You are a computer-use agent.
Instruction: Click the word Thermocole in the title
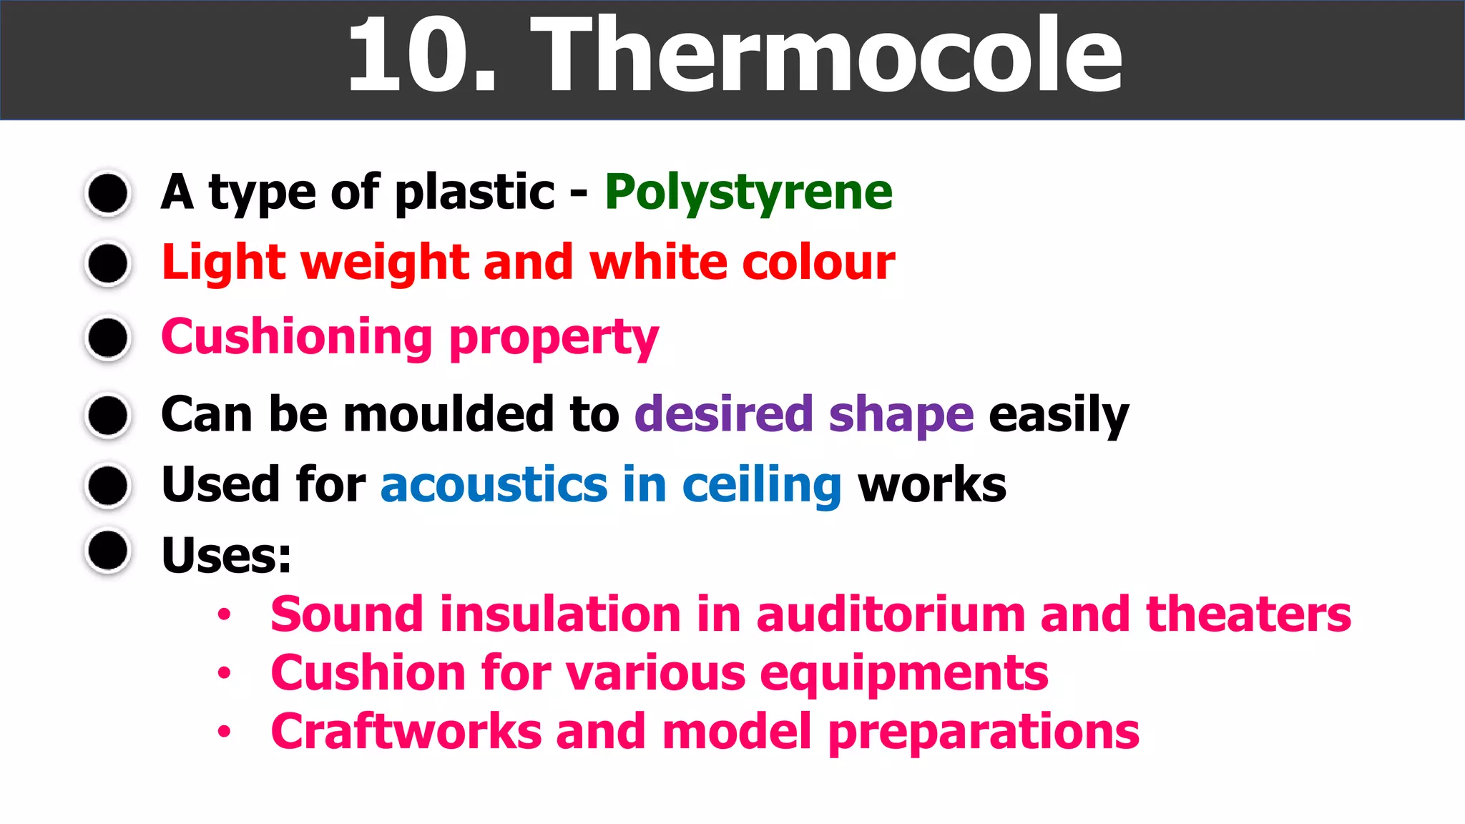[826, 56]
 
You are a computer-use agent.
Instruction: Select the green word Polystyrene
[748, 193]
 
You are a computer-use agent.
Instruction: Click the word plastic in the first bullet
[474, 193]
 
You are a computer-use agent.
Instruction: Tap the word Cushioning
[297, 337]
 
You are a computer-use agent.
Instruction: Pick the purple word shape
[901, 415]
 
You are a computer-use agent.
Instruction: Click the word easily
[1059, 416]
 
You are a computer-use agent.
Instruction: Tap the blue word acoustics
[494, 485]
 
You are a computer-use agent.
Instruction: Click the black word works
[932, 485]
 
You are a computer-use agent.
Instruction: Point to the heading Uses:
[226, 556]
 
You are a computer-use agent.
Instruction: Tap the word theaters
[1248, 614]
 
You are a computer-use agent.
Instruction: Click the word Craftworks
[406, 732]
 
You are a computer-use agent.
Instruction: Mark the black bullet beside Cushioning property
[108, 337]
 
